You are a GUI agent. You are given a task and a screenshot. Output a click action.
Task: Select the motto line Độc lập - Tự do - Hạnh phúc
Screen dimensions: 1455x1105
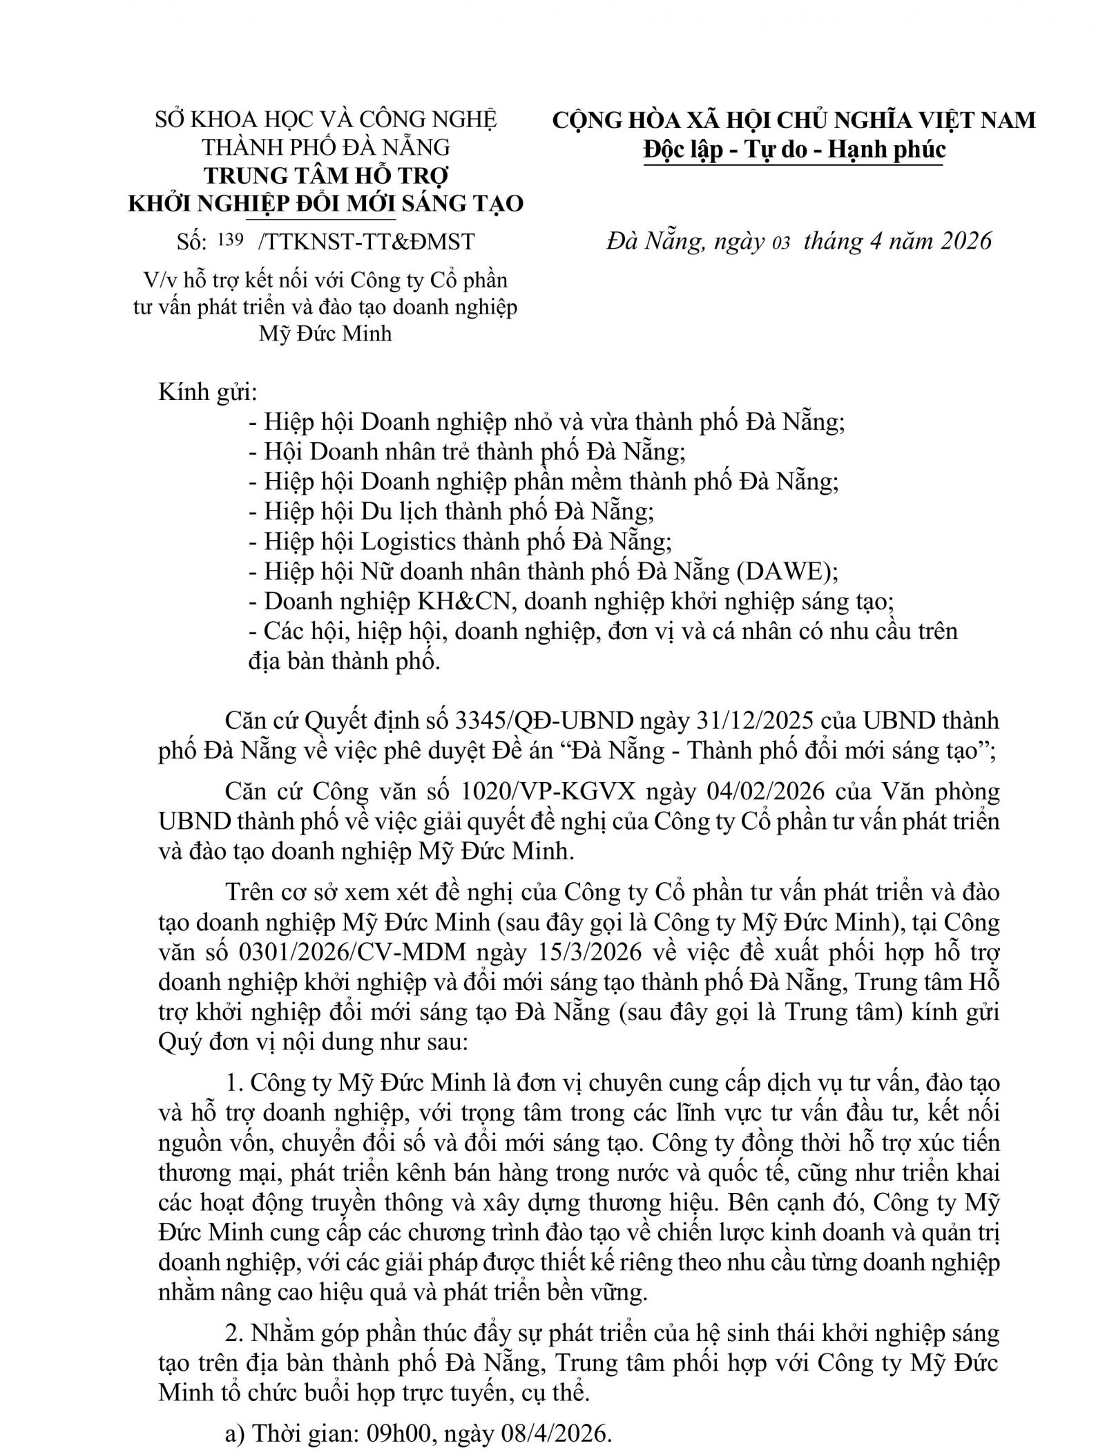[794, 149]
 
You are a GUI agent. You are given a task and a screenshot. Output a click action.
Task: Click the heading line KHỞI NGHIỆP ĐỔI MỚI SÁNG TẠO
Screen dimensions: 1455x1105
[326, 204]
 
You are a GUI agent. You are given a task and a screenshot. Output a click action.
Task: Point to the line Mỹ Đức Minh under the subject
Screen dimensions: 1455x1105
[325, 334]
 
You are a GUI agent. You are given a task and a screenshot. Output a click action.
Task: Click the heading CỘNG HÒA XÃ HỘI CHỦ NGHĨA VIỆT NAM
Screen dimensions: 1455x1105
[794, 120]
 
